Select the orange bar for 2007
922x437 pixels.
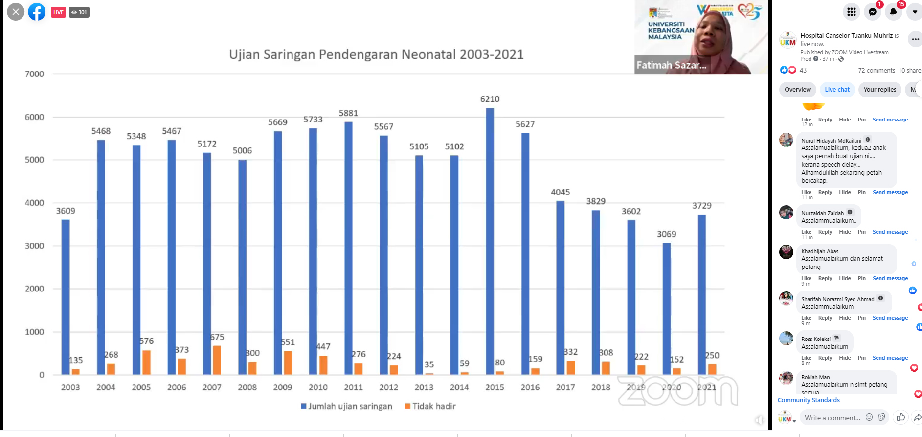click(217, 360)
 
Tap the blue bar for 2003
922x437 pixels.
click(66, 297)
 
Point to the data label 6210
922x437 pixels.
click(490, 99)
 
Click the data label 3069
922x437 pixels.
click(666, 234)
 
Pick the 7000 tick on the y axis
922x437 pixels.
click(34, 74)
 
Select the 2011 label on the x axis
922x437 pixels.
click(353, 387)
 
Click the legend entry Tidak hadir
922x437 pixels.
click(430, 406)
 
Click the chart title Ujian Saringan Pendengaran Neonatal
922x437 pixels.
click(376, 54)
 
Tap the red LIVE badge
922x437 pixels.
click(59, 12)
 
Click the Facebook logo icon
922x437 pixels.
click(37, 12)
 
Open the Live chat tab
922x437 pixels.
click(837, 90)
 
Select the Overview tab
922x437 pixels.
click(797, 90)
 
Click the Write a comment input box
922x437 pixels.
click(832, 418)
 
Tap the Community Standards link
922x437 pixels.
click(809, 400)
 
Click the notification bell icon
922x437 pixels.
click(893, 12)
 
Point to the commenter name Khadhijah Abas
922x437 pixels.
click(820, 251)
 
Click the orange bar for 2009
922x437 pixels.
click(288, 363)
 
